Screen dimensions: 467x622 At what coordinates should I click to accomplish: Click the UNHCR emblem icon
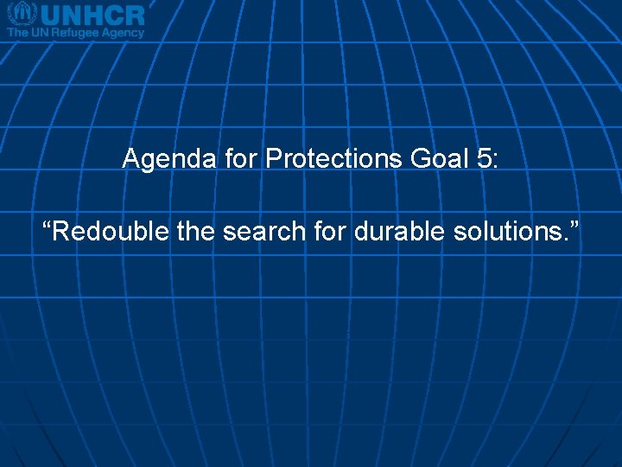21,14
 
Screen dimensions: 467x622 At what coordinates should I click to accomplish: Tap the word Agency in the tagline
124,33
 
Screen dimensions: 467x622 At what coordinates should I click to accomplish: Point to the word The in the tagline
18,32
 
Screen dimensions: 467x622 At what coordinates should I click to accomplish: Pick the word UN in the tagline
41,32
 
